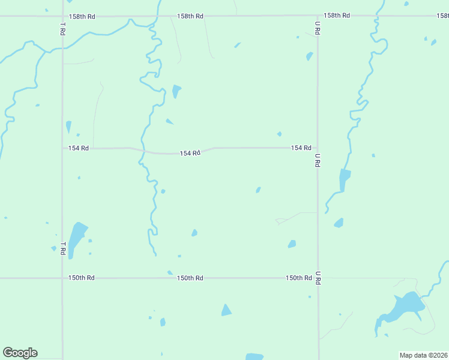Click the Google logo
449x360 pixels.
pyautogui.click(x=20, y=353)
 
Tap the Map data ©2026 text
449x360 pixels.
pyautogui.click(x=423, y=355)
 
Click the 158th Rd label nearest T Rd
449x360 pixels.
pyautogui.click(x=82, y=16)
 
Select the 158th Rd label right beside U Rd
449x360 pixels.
pyautogui.click(x=336, y=16)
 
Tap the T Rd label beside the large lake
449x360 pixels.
pyautogui.click(x=62, y=248)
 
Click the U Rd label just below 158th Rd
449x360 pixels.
pyautogui.click(x=318, y=27)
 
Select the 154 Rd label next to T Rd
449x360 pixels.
pyautogui.click(x=79, y=148)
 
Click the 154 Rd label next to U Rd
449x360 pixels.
pyautogui.click(x=301, y=148)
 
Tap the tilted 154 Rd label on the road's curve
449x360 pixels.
pyautogui.click(x=190, y=153)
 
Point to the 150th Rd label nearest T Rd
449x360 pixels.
pyautogui.click(x=81, y=278)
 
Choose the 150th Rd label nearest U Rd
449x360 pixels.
pyautogui.click(x=298, y=278)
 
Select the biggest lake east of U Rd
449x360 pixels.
pyautogui.click(x=403, y=310)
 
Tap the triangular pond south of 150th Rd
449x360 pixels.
pyautogui.click(x=226, y=310)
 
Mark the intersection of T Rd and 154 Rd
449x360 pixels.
pyautogui.click(x=62, y=148)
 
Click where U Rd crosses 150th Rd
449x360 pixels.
pyautogui.click(x=318, y=278)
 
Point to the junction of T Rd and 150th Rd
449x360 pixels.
pyautogui.click(x=62, y=278)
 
